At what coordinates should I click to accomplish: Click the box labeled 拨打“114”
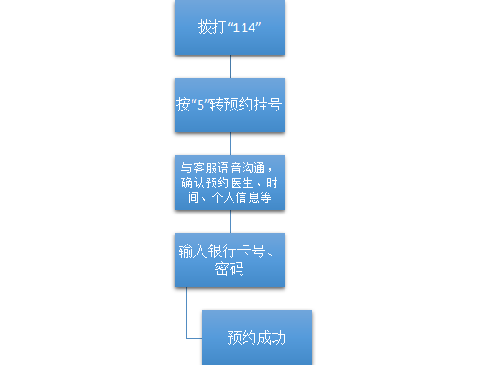230,27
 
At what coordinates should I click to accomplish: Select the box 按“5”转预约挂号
230,105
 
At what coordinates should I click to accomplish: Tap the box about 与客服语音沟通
230,182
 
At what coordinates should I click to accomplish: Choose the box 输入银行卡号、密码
230,260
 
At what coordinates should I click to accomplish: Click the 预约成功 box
257,338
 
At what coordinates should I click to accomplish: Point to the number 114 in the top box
244,27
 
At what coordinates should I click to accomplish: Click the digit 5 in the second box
201,105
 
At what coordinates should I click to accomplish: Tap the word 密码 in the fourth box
230,268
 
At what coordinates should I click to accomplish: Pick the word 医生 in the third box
242,183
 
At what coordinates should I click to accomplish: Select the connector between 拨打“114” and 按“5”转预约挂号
230,67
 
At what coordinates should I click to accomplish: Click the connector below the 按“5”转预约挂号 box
230,144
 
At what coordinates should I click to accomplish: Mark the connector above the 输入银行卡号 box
230,222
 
